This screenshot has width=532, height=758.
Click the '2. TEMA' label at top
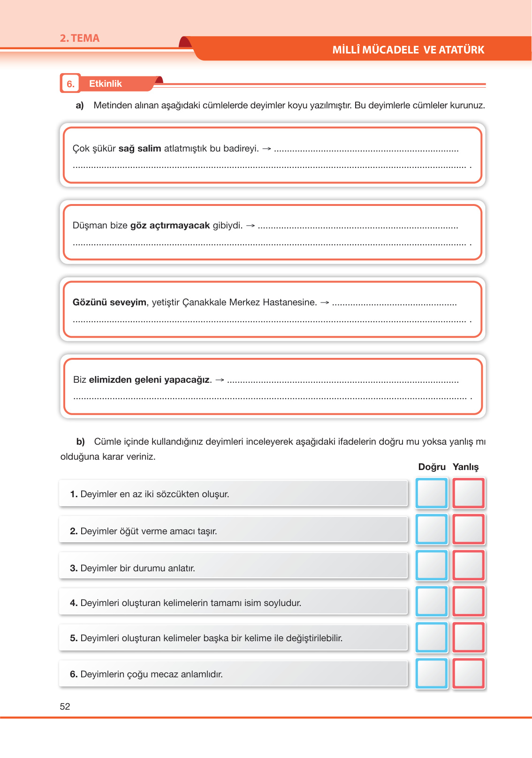tap(79, 38)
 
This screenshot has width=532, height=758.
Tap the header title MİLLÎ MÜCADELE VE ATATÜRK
tap(408, 50)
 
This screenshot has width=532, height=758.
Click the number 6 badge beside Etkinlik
tap(70, 84)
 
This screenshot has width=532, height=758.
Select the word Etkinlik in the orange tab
tap(106, 83)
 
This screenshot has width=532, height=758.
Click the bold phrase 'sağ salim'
tap(140, 149)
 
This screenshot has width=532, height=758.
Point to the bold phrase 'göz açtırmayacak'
tap(170, 226)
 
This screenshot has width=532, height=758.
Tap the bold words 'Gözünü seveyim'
tap(109, 303)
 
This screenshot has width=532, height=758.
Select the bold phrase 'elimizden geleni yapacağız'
tap(149, 380)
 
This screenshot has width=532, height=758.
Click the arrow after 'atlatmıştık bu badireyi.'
tap(266, 149)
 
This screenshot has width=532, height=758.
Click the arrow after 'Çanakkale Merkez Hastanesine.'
tap(325, 303)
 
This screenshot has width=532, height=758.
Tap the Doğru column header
tap(432, 467)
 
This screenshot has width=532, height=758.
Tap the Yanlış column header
tap(465, 467)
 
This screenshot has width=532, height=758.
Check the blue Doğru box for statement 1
tap(432, 493)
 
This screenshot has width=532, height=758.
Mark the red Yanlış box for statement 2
tap(469, 529)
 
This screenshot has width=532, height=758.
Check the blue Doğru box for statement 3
tap(432, 565)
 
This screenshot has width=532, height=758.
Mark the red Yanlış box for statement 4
tap(469, 601)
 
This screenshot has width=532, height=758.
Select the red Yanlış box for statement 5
tap(469, 637)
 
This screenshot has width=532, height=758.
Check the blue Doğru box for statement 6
tap(432, 674)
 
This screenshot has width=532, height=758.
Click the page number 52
tap(65, 706)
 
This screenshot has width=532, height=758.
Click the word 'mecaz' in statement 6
tap(164, 675)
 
